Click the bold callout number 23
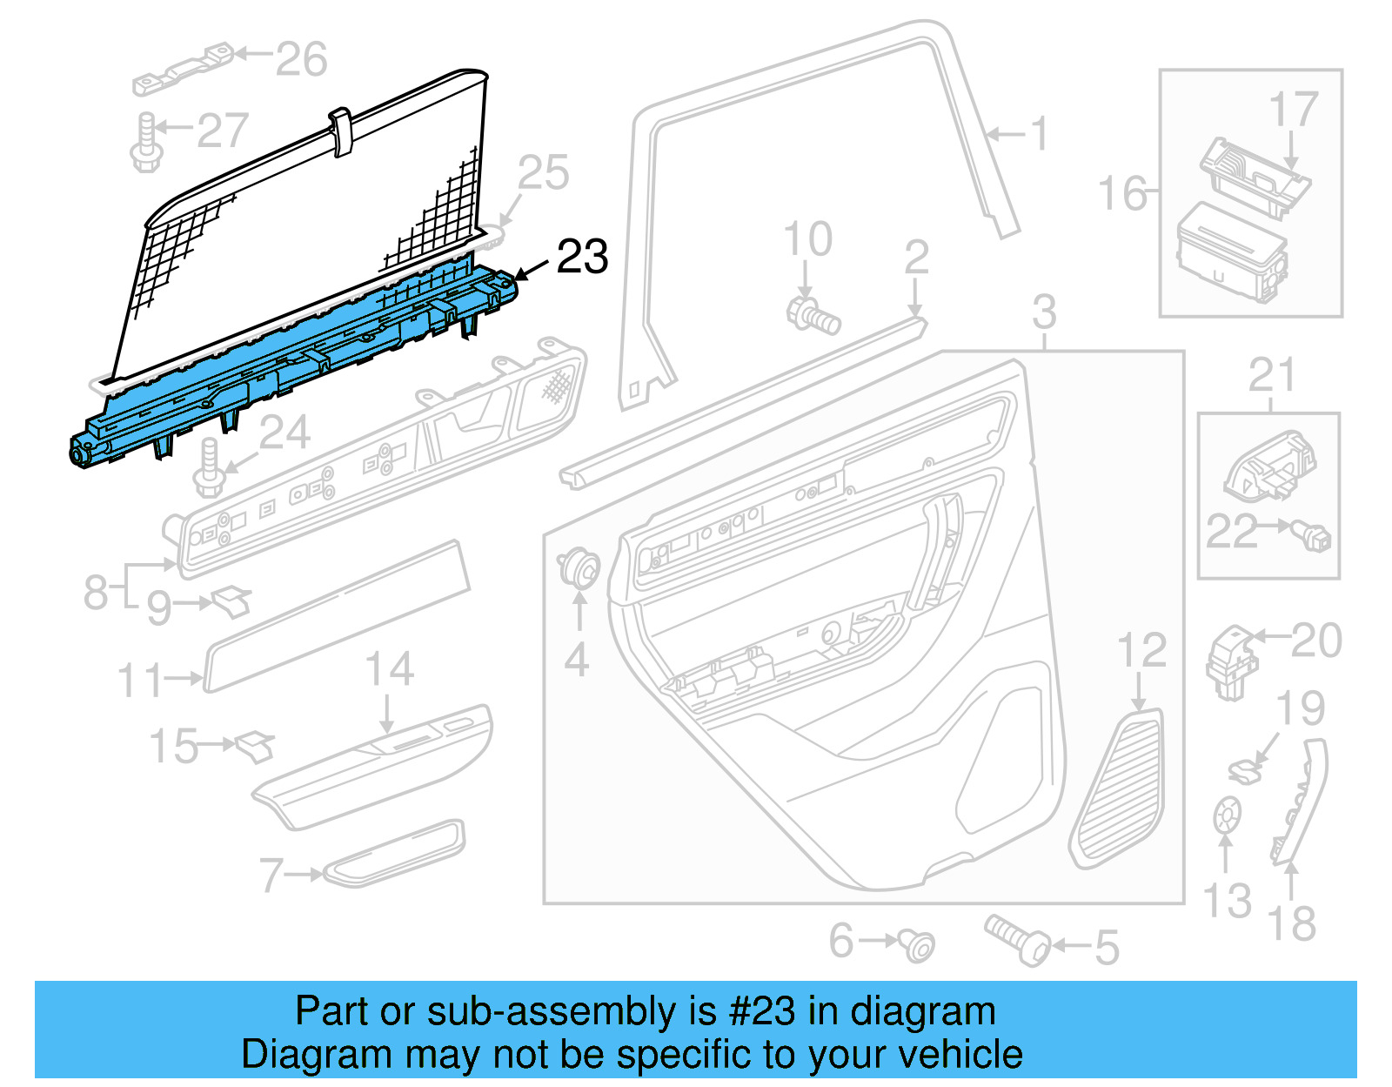tap(582, 257)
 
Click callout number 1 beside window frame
tap(1039, 134)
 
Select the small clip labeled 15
tap(254, 746)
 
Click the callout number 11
tap(140, 680)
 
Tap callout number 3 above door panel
tap(1043, 312)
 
